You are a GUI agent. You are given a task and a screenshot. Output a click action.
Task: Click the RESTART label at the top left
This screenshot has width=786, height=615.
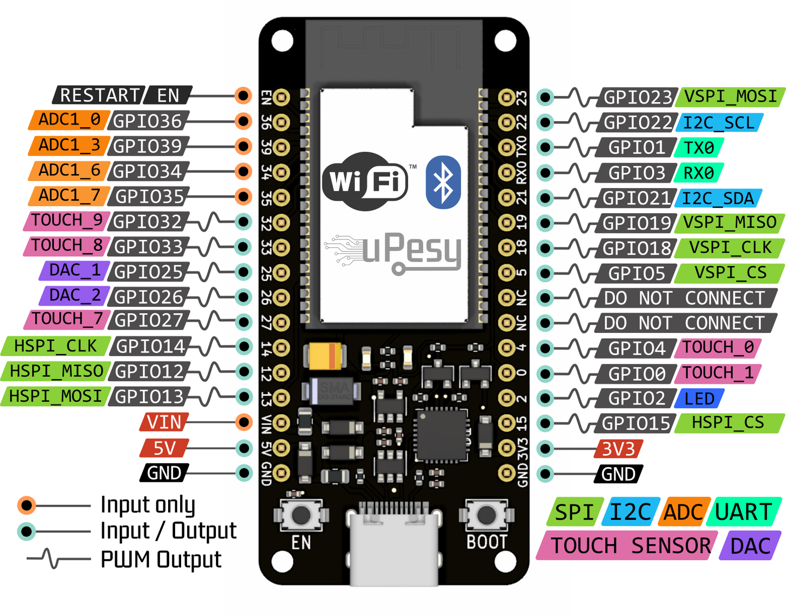(99, 95)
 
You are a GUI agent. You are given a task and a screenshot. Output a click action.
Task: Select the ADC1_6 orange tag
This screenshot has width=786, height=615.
(69, 171)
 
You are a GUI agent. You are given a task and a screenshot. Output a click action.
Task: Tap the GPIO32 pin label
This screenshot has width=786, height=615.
(147, 222)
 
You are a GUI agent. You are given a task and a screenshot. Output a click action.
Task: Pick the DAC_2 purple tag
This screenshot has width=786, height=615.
(75, 295)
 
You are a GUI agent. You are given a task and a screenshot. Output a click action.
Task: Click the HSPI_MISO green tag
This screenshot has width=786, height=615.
(56, 371)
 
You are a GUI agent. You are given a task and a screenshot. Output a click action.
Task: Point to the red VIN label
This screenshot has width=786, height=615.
(164, 422)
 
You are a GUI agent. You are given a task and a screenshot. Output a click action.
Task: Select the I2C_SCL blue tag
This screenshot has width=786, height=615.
(719, 122)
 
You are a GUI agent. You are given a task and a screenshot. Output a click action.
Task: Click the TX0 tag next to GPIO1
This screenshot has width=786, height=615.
(698, 147)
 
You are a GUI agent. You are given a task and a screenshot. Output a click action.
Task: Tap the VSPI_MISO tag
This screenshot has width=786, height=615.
(729, 222)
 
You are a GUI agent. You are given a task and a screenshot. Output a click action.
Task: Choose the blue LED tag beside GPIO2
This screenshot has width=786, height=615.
(699, 399)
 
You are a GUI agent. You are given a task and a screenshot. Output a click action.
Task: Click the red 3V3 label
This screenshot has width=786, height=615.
(618, 449)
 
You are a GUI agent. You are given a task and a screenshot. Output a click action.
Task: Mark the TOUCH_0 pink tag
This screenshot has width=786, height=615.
(717, 347)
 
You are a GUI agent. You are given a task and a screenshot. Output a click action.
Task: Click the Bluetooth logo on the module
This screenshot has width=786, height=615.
(443, 182)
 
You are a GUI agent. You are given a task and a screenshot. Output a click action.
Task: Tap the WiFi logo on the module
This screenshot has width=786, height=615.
(366, 181)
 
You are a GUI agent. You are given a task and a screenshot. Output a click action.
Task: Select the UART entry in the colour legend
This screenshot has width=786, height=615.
(744, 512)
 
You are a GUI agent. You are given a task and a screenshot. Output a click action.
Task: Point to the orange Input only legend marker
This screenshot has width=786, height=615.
(26, 506)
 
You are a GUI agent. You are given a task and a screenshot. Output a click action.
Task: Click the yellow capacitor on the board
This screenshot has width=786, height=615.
(325, 356)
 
